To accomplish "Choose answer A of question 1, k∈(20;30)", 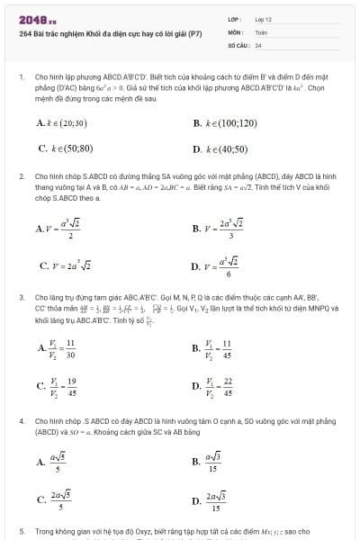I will click(x=62, y=122).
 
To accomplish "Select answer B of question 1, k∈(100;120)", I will click(x=225, y=122).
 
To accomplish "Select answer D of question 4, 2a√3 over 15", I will click(x=215, y=500).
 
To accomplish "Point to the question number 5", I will click(x=21, y=532).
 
